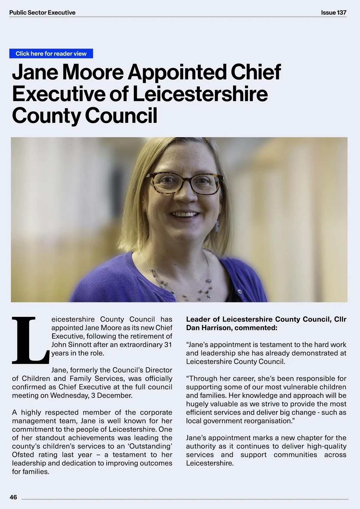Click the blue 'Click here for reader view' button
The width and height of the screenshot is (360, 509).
click(x=51, y=54)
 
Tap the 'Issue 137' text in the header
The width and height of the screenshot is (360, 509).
click(x=333, y=13)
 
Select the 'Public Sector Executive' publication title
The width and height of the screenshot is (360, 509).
click(x=42, y=13)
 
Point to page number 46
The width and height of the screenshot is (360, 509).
click(x=13, y=497)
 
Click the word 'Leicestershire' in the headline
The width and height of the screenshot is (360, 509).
click(x=200, y=94)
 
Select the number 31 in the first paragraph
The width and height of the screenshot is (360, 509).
click(x=168, y=345)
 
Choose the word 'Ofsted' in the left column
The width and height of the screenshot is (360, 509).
click(x=23, y=455)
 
